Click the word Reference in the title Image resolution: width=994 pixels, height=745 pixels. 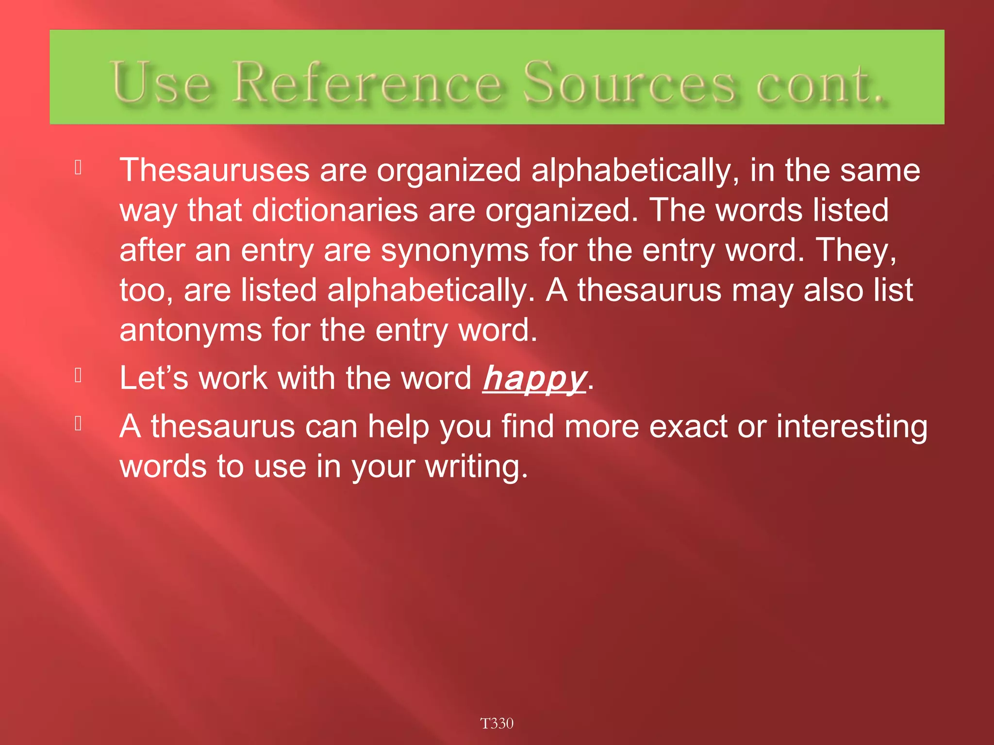(367, 82)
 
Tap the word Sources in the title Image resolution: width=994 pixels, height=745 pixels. (630, 82)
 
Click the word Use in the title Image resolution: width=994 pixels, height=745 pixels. (160, 82)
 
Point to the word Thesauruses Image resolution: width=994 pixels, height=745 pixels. (215, 170)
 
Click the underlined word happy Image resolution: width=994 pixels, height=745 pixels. (534, 378)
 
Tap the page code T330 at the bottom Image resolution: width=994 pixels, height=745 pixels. (497, 723)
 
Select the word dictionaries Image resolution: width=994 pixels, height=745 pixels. (335, 211)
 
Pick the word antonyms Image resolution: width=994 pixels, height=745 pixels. (191, 330)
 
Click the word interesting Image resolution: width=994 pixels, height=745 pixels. (851, 427)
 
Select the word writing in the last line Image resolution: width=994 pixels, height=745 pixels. (476, 467)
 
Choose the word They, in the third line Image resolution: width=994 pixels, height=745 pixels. (856, 251)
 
